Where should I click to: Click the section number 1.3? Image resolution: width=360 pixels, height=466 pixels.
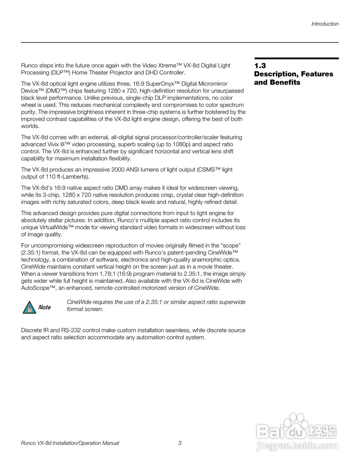[x=260, y=66]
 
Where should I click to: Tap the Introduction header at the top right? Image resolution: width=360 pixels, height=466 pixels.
[x=325, y=24]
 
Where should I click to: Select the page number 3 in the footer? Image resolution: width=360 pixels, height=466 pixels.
[x=180, y=443]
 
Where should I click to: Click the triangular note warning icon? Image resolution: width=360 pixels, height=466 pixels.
[x=28, y=307]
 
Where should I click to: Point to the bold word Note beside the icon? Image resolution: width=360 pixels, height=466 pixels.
[x=44, y=307]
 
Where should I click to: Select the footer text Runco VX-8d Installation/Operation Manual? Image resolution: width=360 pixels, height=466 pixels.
[x=70, y=443]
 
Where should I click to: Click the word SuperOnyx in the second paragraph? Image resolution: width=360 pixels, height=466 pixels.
[x=161, y=84]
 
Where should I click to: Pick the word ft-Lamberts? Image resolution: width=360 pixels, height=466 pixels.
[x=72, y=177]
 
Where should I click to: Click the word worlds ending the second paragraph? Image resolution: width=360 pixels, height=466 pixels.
[x=29, y=126]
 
